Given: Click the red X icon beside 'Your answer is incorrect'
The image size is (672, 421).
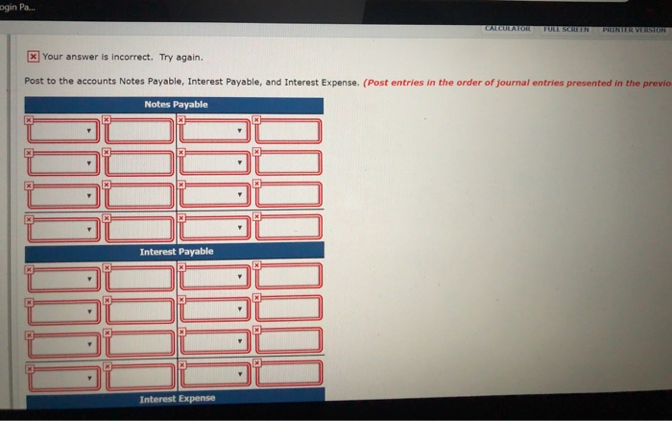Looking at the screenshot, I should coord(33,56).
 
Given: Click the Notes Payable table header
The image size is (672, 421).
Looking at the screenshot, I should coord(175,104).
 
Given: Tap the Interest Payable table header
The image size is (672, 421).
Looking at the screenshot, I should coord(176,252).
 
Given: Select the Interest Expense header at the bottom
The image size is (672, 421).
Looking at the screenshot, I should coord(177,398).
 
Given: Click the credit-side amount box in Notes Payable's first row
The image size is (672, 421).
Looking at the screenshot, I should coord(288,130).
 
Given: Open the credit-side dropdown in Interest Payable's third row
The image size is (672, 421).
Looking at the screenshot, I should coord(216,342).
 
